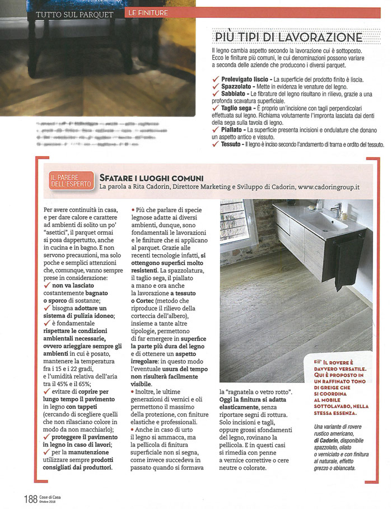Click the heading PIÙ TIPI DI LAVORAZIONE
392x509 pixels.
(289, 37)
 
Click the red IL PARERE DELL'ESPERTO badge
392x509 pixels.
(67, 180)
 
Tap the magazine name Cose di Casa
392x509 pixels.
(53, 494)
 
